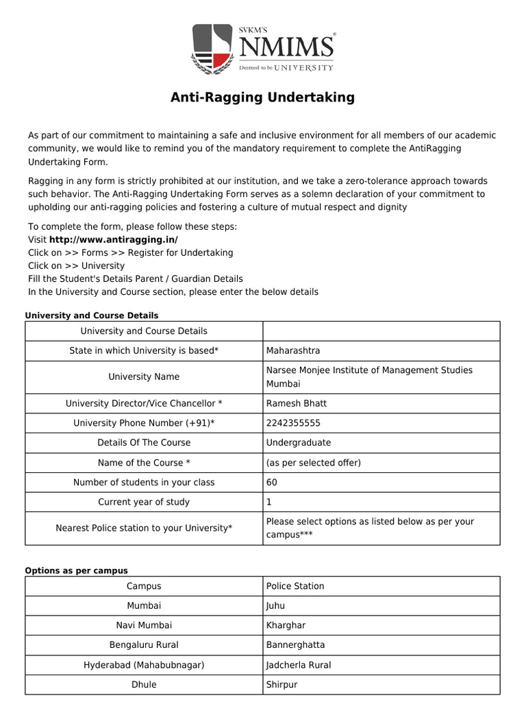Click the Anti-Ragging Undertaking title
pos(262,97)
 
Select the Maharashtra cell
pos(293,350)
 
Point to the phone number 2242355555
pos(293,423)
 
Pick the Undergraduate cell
pos(299,442)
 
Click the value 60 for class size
pos(272,482)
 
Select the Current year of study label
pos(144,502)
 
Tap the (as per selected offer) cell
pos(314,463)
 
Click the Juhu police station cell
pos(275,605)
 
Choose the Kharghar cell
pos(286,625)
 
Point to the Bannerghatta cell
pos(295,645)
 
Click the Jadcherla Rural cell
pos(299,665)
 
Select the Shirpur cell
pos(281,684)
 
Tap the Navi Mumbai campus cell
pos(144,625)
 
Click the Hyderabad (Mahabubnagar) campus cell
pos(144,665)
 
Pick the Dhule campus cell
pos(144,684)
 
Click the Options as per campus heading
pos(76,570)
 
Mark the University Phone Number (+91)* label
pos(144,423)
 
